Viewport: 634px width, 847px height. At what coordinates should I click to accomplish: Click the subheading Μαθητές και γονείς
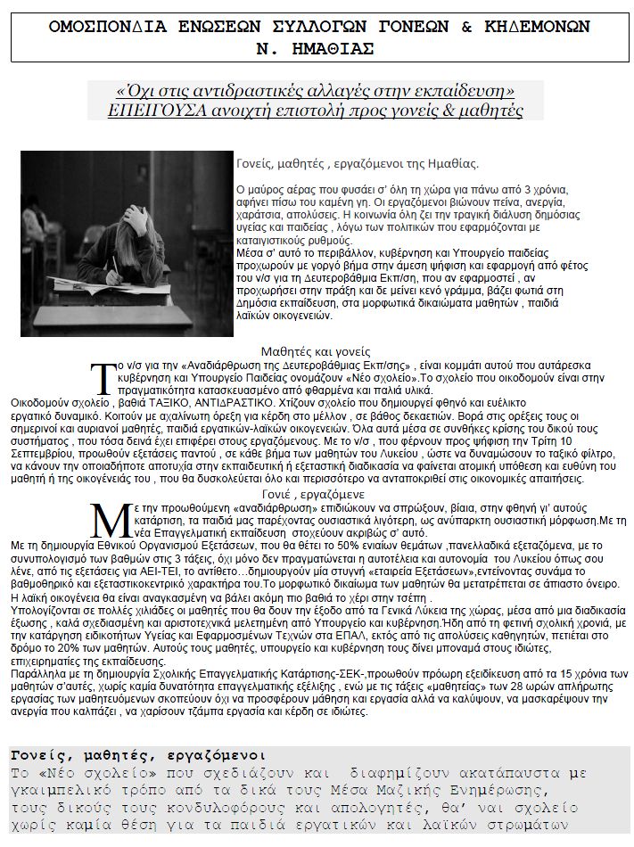pos(315,351)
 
